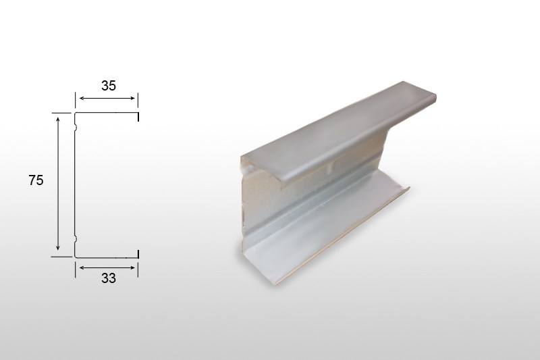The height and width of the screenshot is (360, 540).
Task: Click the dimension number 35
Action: [x=109, y=86]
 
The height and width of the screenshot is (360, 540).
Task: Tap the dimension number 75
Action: [x=36, y=180]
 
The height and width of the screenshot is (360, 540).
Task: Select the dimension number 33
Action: [x=109, y=278]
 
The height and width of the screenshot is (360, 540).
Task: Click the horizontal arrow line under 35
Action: [x=107, y=98]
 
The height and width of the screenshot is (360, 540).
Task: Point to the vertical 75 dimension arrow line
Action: [x=58, y=184]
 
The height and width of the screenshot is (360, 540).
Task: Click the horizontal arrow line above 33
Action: [x=107, y=267]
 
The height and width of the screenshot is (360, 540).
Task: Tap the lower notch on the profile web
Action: [x=76, y=238]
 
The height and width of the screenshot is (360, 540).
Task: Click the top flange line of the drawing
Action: [x=107, y=113]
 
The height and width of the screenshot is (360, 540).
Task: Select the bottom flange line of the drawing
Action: [x=107, y=257]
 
